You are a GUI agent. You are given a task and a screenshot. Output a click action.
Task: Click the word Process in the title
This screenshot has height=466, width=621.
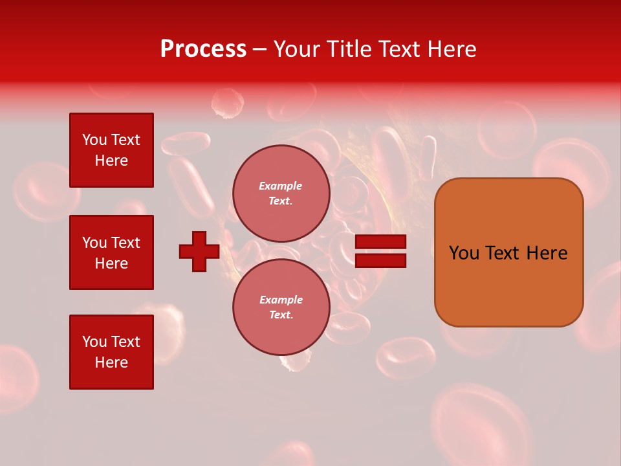[203, 49]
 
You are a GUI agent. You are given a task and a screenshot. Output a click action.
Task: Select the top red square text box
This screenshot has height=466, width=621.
[111, 150]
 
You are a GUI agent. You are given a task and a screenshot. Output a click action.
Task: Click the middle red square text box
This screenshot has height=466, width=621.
[111, 252]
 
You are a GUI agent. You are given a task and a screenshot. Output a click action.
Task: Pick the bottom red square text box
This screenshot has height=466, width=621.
[111, 352]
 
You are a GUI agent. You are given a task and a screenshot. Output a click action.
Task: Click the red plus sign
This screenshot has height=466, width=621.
[199, 251]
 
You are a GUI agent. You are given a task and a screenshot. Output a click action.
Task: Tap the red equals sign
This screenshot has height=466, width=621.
[380, 251]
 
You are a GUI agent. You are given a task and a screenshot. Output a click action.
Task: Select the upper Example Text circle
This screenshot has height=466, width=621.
[281, 194]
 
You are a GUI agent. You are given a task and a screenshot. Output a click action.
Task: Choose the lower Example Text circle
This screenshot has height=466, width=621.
[281, 307]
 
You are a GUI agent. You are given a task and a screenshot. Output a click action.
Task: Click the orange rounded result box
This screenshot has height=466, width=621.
[508, 252]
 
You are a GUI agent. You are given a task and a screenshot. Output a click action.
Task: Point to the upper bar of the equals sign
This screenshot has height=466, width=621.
[380, 242]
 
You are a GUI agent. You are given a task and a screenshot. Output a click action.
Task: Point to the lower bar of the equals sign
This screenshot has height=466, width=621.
[380, 260]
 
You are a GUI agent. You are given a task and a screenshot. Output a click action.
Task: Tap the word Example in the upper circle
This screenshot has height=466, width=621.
[281, 186]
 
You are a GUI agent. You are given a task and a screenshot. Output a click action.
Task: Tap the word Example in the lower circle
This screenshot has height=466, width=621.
[281, 300]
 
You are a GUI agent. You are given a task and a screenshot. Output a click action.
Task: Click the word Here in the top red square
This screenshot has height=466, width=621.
[111, 161]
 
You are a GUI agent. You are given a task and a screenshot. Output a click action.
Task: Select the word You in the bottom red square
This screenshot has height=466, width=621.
[94, 342]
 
